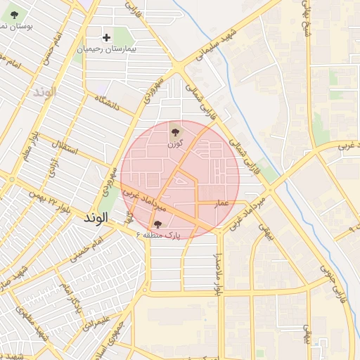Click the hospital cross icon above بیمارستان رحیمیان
107,37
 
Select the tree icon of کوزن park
174,130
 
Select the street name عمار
223,202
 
